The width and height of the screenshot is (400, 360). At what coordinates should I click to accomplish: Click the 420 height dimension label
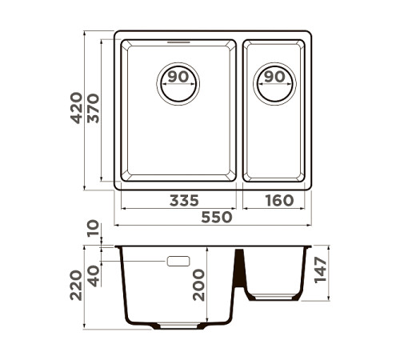(77, 108)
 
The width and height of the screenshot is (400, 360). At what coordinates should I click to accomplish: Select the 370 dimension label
(94, 108)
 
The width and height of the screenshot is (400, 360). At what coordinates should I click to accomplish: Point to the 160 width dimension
(278, 200)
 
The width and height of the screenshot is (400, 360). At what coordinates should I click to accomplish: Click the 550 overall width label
(216, 217)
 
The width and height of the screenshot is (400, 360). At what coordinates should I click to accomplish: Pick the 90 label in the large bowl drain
(179, 77)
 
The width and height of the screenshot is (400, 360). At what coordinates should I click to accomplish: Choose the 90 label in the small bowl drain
(274, 77)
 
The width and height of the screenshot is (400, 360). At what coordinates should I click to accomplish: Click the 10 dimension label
(94, 231)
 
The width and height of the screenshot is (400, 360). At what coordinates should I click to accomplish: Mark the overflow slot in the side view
(178, 262)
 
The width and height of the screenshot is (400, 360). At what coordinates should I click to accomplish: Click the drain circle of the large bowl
(179, 84)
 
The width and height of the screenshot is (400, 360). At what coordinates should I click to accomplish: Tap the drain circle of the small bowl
(274, 84)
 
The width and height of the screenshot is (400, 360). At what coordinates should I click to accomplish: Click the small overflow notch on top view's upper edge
(178, 39)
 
